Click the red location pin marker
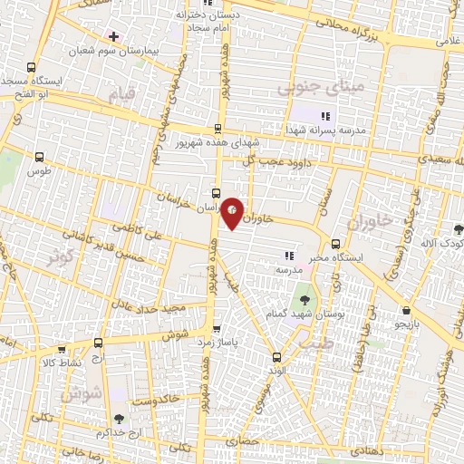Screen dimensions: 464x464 pyautogui.click(x=233, y=212)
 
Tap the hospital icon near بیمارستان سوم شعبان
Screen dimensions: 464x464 pyautogui.click(x=112, y=36)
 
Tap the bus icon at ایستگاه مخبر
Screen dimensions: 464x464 pyautogui.click(x=336, y=244)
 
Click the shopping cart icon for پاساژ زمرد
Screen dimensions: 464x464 pyautogui.click(x=216, y=330)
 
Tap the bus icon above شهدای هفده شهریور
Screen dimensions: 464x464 pyautogui.click(x=217, y=130)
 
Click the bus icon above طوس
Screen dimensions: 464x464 pyautogui.click(x=38, y=156)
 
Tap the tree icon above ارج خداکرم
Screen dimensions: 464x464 pyautogui.click(x=119, y=419)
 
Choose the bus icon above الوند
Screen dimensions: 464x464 pyautogui.click(x=276, y=356)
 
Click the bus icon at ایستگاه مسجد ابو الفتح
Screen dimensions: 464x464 pyautogui.click(x=33, y=67)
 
